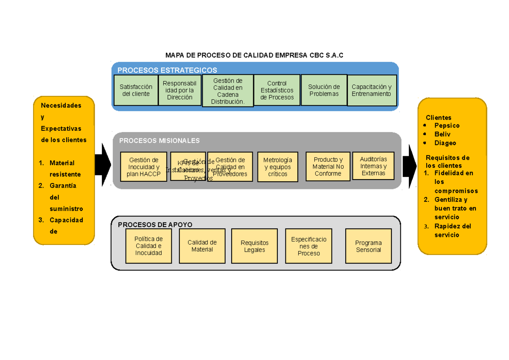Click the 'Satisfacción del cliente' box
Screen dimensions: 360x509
(x=136, y=90)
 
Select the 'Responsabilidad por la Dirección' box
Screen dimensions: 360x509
(x=180, y=90)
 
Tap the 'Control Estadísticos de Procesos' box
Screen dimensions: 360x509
(x=277, y=90)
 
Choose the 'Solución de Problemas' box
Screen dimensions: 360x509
(x=324, y=90)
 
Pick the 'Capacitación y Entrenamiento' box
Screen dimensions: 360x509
(x=372, y=90)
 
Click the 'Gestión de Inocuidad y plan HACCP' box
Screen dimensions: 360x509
(x=143, y=166)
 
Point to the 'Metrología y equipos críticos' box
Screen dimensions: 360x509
(x=277, y=167)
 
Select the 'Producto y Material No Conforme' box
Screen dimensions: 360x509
(x=328, y=166)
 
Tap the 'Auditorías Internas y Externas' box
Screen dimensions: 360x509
(x=373, y=166)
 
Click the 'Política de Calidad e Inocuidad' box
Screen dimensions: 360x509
(x=148, y=246)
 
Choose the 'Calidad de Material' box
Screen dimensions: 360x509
(x=202, y=246)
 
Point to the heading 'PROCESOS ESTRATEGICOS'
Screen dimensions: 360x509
(x=167, y=70)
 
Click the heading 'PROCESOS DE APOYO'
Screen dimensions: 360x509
(x=155, y=225)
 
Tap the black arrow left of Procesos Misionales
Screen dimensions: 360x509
(x=103, y=165)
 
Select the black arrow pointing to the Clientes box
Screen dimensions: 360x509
(x=410, y=165)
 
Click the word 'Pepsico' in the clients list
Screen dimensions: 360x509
(x=447, y=126)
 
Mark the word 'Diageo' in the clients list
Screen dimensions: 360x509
(x=445, y=143)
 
